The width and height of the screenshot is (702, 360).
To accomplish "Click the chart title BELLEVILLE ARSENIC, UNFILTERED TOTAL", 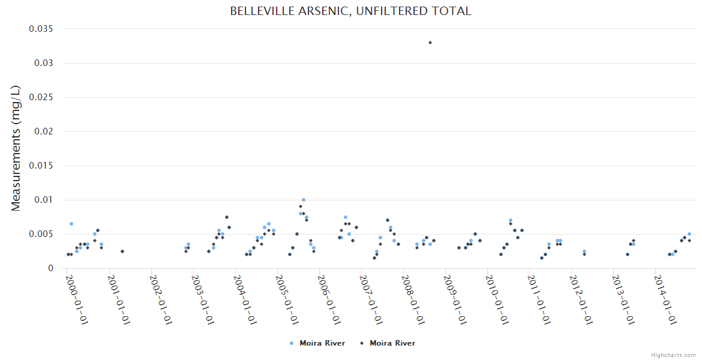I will (x=350, y=11).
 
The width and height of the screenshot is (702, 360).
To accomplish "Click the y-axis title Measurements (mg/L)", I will (x=16, y=148).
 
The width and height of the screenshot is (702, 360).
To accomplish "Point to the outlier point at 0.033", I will (x=430, y=43).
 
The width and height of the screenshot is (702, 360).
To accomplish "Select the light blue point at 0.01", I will (x=304, y=200).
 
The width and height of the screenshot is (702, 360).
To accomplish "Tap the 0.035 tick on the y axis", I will (x=41, y=29).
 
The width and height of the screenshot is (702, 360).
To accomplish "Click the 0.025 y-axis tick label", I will (x=41, y=97).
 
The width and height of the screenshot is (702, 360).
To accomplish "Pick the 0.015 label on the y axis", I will (x=41, y=166).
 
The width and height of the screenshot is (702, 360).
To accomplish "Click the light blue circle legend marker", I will (x=292, y=343).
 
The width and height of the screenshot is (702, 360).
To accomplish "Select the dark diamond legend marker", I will (x=362, y=343).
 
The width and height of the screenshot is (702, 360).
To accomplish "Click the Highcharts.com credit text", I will (x=673, y=355).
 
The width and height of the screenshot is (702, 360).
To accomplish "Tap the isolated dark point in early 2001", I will (x=122, y=251).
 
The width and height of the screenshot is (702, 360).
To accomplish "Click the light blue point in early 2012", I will (x=584, y=251).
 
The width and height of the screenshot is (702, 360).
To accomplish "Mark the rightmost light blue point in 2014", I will (x=689, y=234).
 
